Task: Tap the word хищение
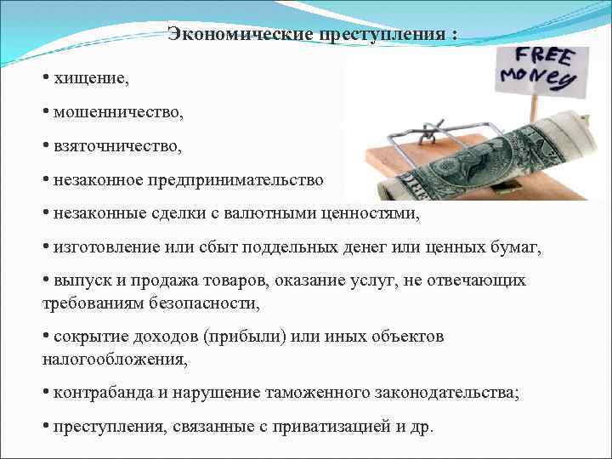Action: tap(92, 78)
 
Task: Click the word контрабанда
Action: tap(99, 393)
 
